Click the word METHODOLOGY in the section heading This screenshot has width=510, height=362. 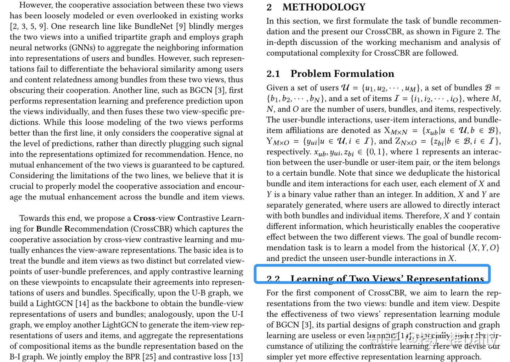324,7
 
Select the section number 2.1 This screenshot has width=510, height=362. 273,74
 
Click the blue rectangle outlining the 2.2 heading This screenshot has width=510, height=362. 372,274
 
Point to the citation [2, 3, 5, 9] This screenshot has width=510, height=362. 28,26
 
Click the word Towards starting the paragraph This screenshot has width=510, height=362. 34,218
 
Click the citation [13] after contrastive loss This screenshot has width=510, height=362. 236,357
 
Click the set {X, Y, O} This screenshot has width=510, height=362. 483,248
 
